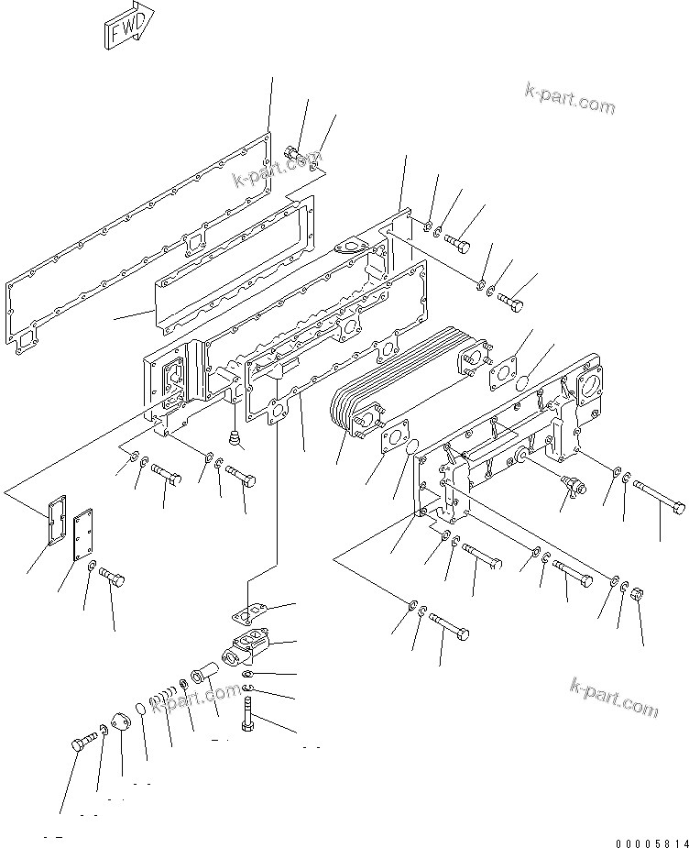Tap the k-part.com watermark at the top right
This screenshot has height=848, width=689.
point(570,98)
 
